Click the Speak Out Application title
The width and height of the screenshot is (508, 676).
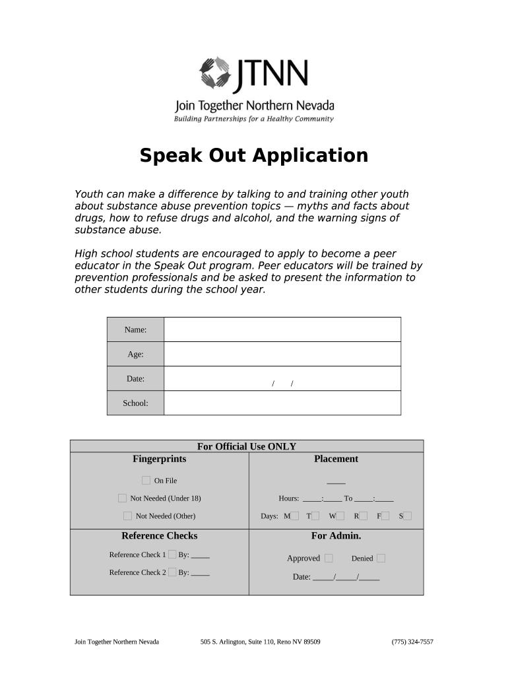254,156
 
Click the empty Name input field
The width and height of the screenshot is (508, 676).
282,329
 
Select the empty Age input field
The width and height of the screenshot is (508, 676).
282,354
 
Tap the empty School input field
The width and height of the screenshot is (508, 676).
282,403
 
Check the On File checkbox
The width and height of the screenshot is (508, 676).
146,481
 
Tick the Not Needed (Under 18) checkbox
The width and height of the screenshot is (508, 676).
122,498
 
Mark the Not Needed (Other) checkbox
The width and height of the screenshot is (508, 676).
127,516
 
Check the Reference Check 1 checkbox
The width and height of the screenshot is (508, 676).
172,555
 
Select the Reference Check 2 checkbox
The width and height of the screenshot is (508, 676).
172,572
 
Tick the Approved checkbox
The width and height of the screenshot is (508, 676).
329,558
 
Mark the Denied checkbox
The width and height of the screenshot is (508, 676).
381,558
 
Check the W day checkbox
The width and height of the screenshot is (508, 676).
340,516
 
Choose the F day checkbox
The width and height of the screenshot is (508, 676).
385,516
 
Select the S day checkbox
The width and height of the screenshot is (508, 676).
408,516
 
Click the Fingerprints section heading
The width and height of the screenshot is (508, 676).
160,459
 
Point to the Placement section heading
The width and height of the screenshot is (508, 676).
336,459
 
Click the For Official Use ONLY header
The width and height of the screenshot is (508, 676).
247,446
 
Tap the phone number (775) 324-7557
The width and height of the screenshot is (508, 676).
412,642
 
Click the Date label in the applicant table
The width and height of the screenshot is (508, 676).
135,379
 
